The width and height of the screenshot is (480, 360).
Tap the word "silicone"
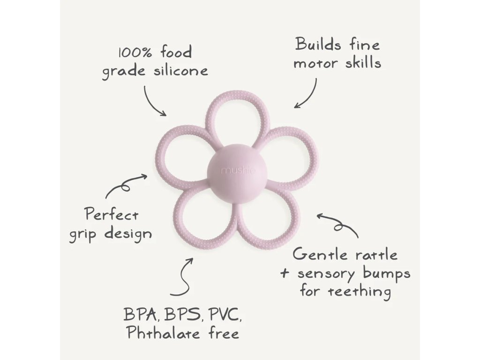pos(181,71)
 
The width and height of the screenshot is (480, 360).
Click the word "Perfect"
pos(112,215)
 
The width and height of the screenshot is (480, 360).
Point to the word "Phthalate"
pos(159,334)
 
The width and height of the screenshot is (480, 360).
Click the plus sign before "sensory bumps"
pos(284,273)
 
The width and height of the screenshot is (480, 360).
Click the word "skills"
pos(361,62)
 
